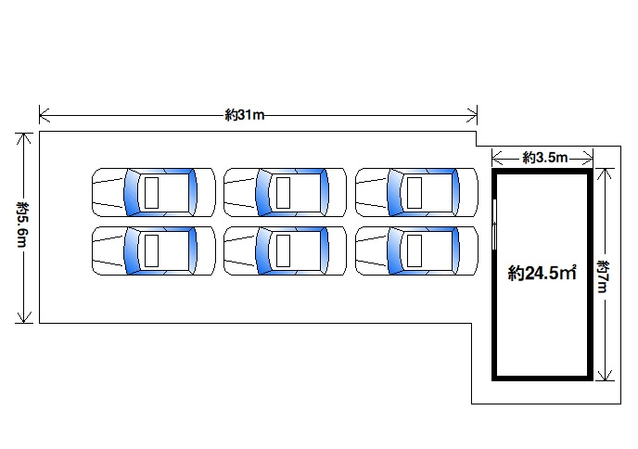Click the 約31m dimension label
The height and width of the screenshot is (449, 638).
tap(245, 115)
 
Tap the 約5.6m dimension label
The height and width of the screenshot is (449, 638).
tap(23, 224)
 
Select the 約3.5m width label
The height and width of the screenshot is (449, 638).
tap(545, 157)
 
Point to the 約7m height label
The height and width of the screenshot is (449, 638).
tap(603, 276)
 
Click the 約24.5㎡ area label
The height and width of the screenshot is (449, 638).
tap(542, 273)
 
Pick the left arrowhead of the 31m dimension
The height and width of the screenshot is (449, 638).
tap(44, 115)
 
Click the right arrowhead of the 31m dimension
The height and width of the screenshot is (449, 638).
tap(472, 115)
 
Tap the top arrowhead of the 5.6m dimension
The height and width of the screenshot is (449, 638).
tap(24, 138)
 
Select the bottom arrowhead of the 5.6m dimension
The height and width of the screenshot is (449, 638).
tap(24, 317)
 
